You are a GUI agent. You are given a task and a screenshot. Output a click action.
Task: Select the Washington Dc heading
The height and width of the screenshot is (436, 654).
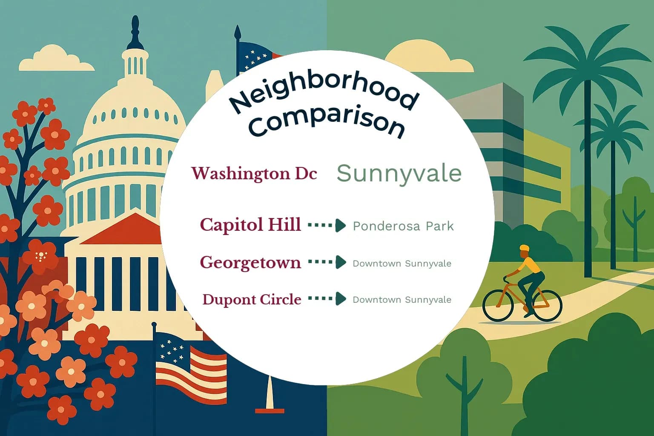pyautogui.click(x=254, y=173)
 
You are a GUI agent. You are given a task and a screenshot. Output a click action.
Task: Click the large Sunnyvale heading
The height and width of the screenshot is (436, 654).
pyautogui.click(x=399, y=173)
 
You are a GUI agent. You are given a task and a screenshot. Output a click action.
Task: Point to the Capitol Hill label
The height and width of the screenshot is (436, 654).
pyautogui.click(x=250, y=225)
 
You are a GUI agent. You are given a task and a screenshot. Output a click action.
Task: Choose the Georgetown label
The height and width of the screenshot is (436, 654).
pyautogui.click(x=250, y=262)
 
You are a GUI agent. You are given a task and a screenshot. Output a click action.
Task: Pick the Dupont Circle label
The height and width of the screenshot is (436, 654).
pyautogui.click(x=252, y=299)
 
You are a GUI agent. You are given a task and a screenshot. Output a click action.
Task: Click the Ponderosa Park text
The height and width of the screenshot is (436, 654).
pyautogui.click(x=403, y=226)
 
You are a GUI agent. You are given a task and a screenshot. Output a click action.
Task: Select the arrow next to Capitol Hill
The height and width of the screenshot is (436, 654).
pyautogui.click(x=327, y=225)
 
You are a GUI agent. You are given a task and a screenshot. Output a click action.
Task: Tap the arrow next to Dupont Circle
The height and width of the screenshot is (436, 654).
pyautogui.click(x=327, y=298)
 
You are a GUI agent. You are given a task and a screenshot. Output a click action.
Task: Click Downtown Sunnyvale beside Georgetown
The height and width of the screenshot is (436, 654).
pyautogui.click(x=402, y=264)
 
